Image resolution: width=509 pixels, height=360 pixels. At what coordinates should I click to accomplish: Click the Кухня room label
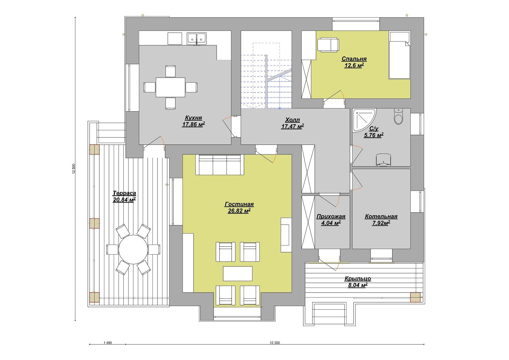pyautogui.click(x=193, y=118)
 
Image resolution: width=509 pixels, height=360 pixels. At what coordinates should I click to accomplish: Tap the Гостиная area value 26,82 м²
pyautogui.click(x=239, y=211)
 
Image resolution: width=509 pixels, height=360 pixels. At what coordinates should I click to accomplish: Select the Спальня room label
pyautogui.click(x=354, y=59)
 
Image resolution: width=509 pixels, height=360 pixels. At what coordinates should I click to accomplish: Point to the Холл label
pyautogui.click(x=293, y=120)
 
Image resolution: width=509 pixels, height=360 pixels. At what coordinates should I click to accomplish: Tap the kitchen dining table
pyautogui.click(x=171, y=87)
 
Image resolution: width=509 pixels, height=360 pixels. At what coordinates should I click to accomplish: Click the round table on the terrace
pyautogui.click(x=133, y=250)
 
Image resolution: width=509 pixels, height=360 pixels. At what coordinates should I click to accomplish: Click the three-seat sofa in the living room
pyautogui.click(x=220, y=165)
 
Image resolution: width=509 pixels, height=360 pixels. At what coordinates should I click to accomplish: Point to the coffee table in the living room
pyautogui.click(x=238, y=274)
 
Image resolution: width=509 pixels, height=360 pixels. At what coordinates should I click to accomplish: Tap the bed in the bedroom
pyautogui.click(x=399, y=55)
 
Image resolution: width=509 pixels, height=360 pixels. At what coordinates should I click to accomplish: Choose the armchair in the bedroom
pyautogui.click(x=328, y=45)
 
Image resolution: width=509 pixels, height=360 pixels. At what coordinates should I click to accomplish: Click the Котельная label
pyautogui.click(x=381, y=216)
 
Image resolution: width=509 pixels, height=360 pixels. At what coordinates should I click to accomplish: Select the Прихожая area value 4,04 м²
pyautogui.click(x=331, y=223)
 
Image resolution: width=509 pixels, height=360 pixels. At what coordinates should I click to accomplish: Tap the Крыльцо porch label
pyautogui.click(x=358, y=279)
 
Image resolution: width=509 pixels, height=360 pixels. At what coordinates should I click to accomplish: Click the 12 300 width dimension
pyautogui.click(x=275, y=343)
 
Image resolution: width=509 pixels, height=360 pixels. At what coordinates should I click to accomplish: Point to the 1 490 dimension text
pyautogui.click(x=108, y=343)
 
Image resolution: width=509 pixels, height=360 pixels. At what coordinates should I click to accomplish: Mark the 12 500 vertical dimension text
pyautogui.click(x=74, y=169)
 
